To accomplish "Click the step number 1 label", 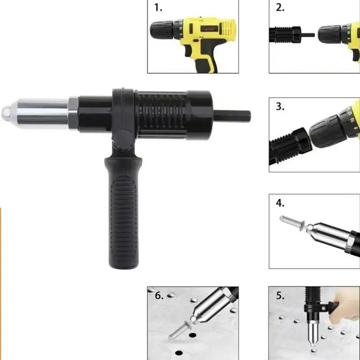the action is (x=158, y=8).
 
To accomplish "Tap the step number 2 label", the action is (x=280, y=8).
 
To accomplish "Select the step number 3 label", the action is (x=280, y=107).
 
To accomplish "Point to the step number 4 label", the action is (x=280, y=203).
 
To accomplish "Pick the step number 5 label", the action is (x=280, y=296).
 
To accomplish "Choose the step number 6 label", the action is (x=159, y=296).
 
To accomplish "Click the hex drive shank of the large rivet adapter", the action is (x=232, y=114).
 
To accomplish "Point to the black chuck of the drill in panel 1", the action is (x=162, y=30).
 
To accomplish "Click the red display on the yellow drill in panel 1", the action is (x=209, y=29).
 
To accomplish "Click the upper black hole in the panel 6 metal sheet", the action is (x=193, y=335).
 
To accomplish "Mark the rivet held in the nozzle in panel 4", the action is (x=293, y=222).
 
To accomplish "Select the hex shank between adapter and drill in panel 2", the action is (x=308, y=35).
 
